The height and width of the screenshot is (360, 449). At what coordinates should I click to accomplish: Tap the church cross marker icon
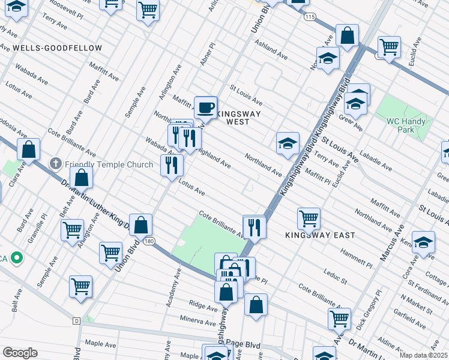56,163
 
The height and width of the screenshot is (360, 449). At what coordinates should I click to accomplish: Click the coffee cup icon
206,107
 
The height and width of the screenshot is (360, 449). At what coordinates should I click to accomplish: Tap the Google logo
20,352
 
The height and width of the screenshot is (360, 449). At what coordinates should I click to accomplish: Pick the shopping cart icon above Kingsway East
309,218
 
